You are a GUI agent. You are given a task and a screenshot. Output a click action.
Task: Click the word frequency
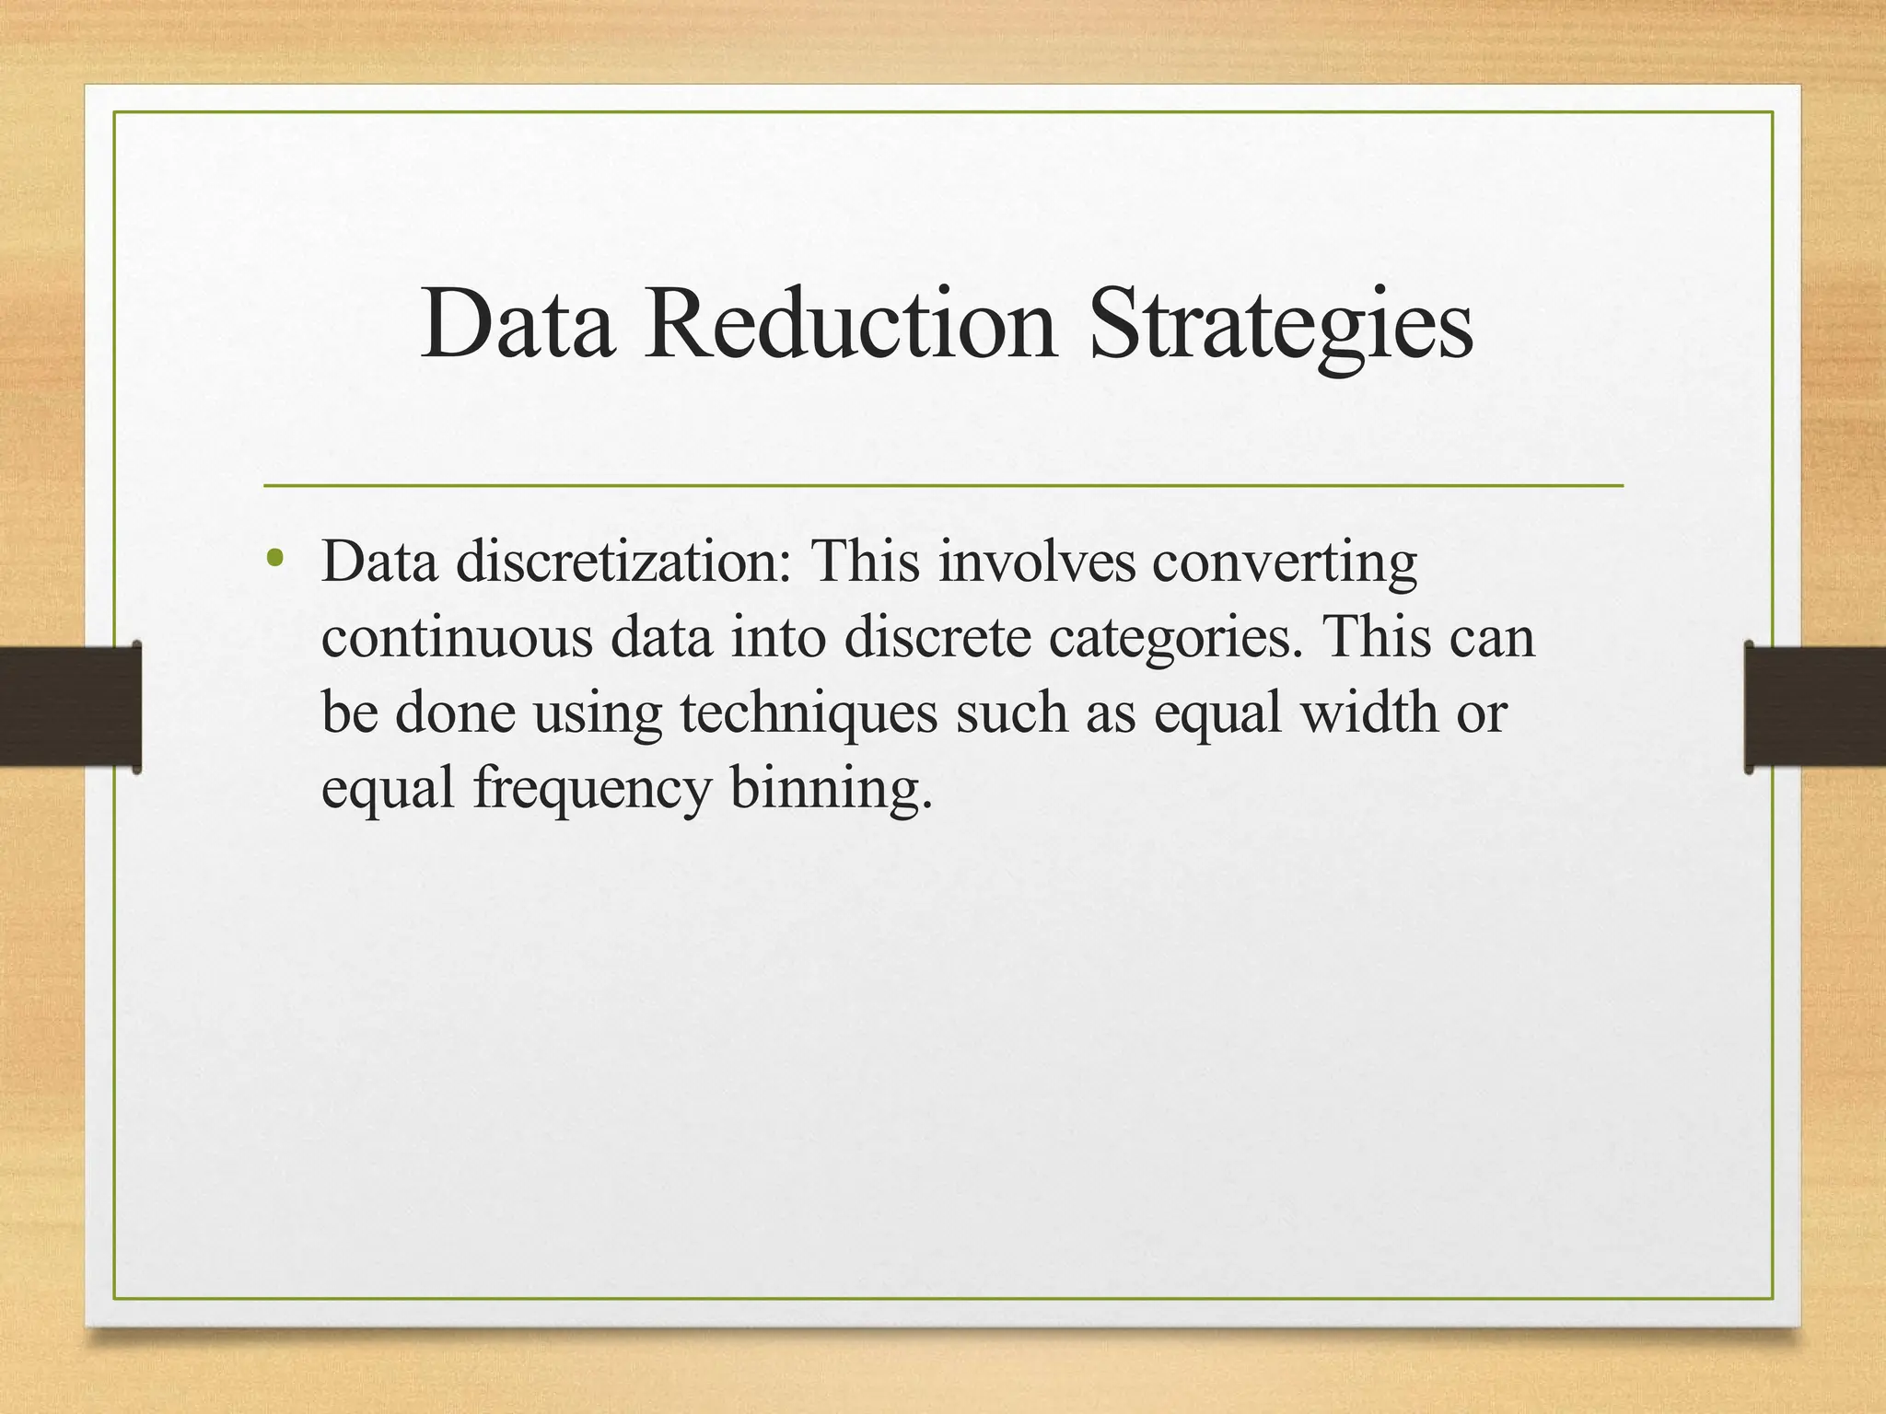[x=593, y=790]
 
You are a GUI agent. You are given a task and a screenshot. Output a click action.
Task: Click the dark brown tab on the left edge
[x=70, y=706]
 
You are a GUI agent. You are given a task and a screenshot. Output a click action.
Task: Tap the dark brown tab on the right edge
[x=1814, y=706]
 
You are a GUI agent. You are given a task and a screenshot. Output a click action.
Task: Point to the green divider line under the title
[x=943, y=485]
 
